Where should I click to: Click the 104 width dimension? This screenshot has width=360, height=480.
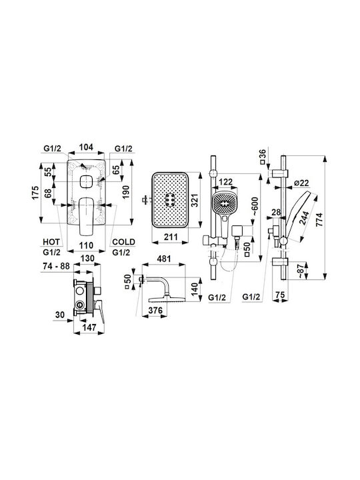86,147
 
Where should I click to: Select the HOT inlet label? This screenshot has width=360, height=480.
51,242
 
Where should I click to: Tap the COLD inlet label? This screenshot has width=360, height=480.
124,242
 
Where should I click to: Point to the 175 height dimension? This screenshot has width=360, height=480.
35,193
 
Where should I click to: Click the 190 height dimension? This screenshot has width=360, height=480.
126,192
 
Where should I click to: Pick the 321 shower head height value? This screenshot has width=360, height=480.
195,200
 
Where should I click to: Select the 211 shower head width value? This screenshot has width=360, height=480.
170,237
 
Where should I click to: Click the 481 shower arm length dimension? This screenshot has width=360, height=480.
164,259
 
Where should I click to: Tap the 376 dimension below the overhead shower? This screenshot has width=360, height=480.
155,311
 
